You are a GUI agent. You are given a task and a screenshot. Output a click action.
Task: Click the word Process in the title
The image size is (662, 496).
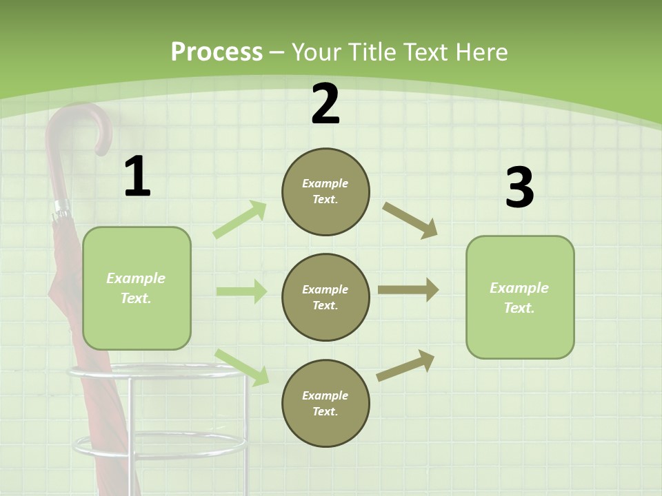tap(217, 52)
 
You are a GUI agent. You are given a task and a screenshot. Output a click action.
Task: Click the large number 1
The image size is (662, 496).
tap(137, 176)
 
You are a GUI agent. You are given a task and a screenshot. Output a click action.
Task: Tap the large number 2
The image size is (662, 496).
tap(325, 105)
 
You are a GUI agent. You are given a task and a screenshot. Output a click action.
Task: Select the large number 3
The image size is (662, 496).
tap(519, 188)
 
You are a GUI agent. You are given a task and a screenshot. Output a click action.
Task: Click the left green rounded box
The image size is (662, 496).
tap(137, 288)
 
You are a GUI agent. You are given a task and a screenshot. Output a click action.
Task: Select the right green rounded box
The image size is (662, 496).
tap(520, 297)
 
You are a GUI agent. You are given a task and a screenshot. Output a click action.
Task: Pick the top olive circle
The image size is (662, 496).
tap(325, 192)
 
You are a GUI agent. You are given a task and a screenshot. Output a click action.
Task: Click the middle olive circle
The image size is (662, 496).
tap(325, 297)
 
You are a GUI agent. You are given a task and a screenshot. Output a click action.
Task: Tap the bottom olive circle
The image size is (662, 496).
tap(325, 403)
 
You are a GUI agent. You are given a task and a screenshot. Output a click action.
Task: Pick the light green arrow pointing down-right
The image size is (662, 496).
tap(242, 367)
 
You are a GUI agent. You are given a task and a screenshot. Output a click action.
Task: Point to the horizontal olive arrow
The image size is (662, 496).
tap(408, 290)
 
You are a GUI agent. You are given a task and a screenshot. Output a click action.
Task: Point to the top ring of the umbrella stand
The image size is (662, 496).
tap(155, 373)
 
